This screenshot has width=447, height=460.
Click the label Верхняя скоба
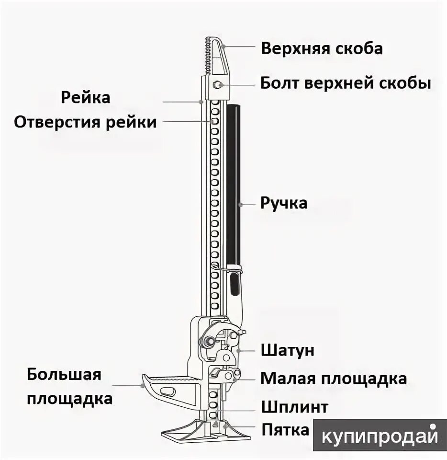coord(322,48)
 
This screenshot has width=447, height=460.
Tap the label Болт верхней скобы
coord(346,83)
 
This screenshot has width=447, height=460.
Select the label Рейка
coord(86,97)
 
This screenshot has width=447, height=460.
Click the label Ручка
coord(284,203)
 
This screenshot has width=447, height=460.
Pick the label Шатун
coord(288,350)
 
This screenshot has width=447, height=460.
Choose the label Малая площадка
coord(334,379)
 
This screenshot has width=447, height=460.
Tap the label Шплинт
coord(295,407)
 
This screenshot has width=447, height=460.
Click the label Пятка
coord(285,429)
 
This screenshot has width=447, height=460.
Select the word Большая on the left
coord(64,374)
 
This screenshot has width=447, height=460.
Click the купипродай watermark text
coord(380,436)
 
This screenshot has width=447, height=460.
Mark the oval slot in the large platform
coord(168,391)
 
